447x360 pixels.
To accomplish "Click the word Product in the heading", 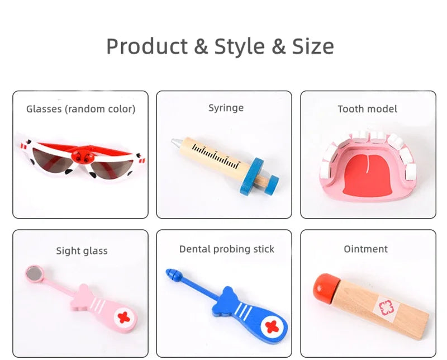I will (x=147, y=46).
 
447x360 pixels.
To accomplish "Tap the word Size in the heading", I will (x=313, y=46).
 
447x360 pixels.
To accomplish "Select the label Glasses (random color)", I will (x=80, y=109).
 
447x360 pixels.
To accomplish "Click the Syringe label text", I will (x=226, y=107).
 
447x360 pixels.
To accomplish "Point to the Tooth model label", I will (x=367, y=109).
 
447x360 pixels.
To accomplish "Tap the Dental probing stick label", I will (x=226, y=249).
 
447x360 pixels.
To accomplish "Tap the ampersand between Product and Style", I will (x=201, y=46).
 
